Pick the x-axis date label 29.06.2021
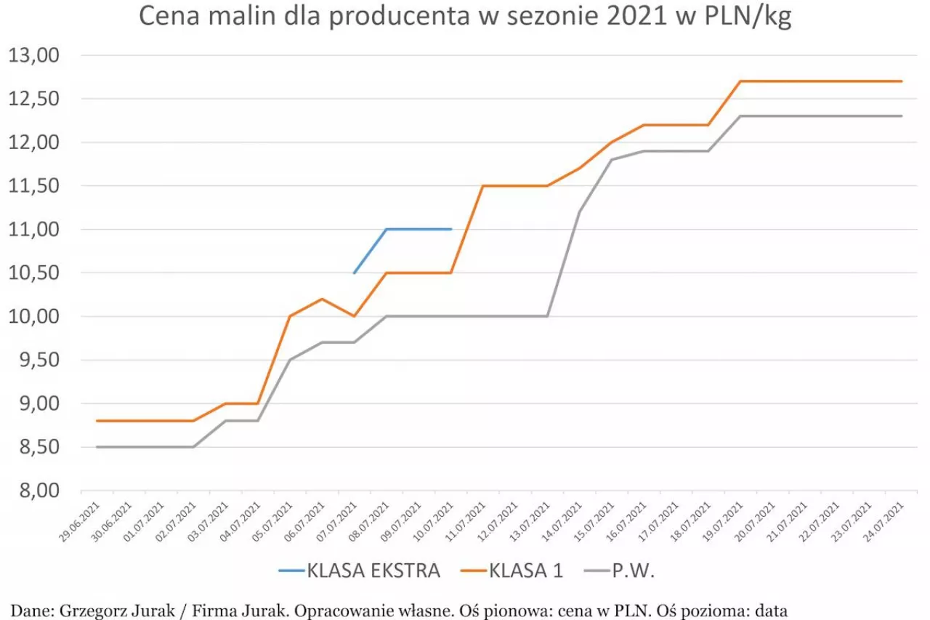pyautogui.click(x=82, y=523)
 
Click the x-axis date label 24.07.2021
pyautogui.click(x=887, y=523)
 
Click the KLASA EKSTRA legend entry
pyautogui.click(x=360, y=571)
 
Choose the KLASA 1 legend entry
pyautogui.click(x=512, y=571)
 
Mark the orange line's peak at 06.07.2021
pyautogui.click(x=322, y=299)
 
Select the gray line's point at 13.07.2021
pyautogui.click(x=547, y=316)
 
